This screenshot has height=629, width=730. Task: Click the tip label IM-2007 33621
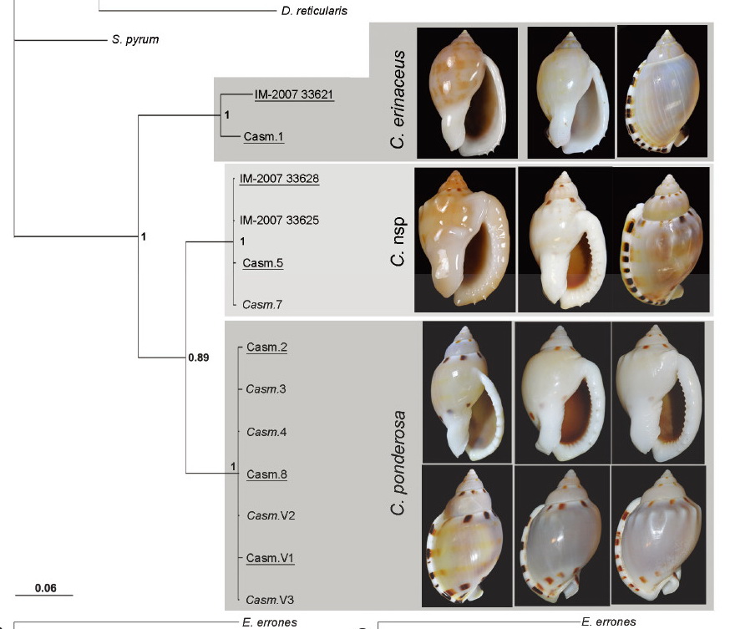294,94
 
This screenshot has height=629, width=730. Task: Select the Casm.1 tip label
263,136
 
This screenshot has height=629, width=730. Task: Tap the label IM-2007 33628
279,179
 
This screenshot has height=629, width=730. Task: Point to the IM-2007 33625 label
279,221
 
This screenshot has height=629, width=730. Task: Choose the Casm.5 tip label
262,263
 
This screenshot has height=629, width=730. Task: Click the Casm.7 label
262,305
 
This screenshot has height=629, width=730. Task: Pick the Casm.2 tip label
266,347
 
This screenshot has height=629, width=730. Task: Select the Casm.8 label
266,474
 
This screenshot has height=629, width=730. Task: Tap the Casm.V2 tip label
271,516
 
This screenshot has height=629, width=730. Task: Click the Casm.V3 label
270,600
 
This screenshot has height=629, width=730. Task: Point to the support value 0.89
199,358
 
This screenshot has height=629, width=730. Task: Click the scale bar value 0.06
46,588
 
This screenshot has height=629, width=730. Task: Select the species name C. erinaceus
398,99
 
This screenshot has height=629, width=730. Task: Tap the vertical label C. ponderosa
398,463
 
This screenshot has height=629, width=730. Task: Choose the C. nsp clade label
398,241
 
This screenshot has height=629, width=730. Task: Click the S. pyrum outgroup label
135,39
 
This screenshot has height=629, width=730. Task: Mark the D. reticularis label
314,11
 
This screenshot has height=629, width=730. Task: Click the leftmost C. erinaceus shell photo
468,93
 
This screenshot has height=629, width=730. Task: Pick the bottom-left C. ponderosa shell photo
467,535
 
